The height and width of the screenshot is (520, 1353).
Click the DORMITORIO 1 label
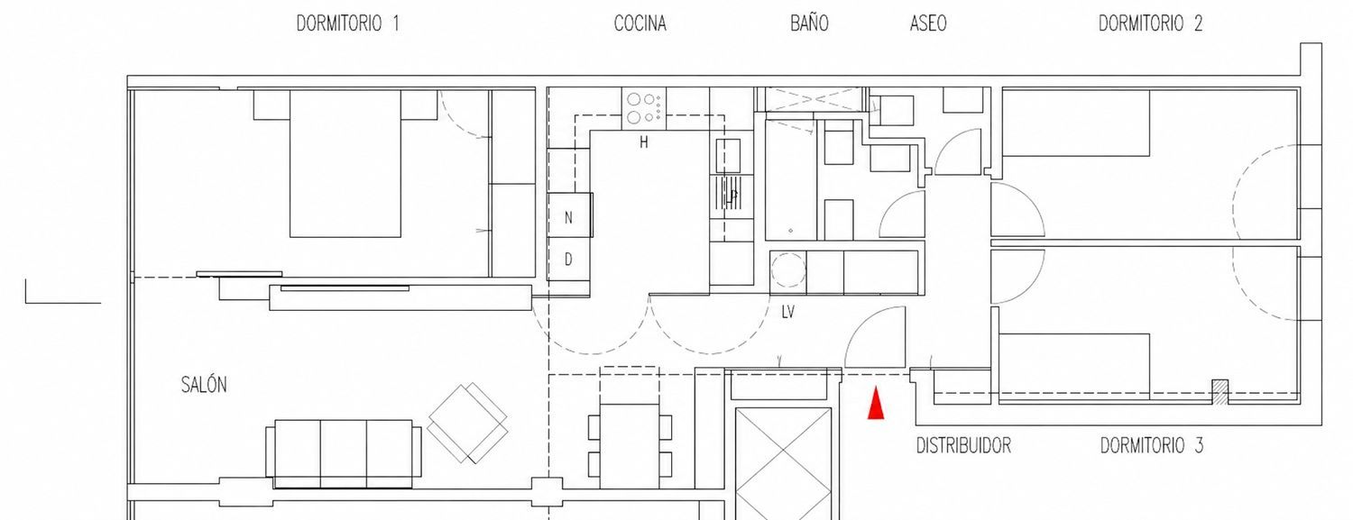point(347,23)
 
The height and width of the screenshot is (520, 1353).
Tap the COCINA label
point(640,23)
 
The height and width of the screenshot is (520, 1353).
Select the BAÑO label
point(809,23)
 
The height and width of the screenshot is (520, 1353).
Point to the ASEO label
point(928,23)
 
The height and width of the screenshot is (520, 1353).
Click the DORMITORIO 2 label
point(1150,23)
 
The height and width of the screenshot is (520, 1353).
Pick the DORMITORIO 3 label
point(1151,446)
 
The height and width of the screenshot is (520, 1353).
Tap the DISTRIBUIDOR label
point(963,446)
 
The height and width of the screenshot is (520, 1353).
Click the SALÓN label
point(204,384)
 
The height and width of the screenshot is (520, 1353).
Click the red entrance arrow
point(876,403)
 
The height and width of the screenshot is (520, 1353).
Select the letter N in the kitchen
point(568,218)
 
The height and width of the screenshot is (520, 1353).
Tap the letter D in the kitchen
point(568,260)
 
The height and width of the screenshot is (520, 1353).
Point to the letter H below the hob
point(644,142)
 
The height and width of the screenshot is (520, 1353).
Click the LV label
point(787,312)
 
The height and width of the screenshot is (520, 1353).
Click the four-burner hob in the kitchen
point(644,108)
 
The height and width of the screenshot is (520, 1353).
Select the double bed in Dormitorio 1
point(345,163)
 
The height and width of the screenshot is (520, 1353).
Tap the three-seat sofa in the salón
point(344,453)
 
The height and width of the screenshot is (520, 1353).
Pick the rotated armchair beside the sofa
point(467,424)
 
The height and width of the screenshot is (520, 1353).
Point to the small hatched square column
point(1220,391)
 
